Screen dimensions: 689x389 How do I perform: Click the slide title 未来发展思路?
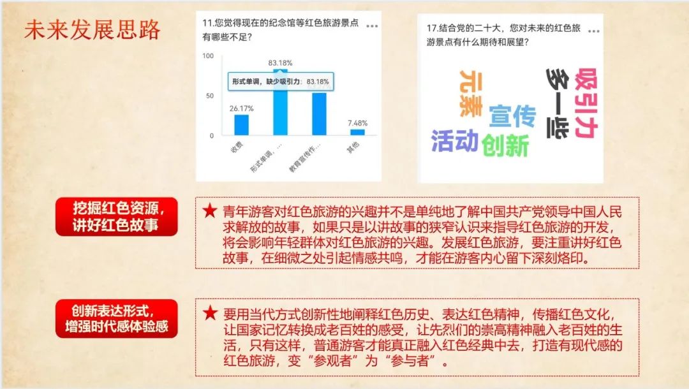pyautogui.click(x=93, y=31)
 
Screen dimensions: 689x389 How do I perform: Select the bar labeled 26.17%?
pyautogui.click(x=241, y=125)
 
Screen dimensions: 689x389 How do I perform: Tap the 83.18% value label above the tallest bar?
pyautogui.click(x=280, y=62)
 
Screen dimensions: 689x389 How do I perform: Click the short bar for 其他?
pyautogui.click(x=358, y=132)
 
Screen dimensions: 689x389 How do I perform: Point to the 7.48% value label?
pyautogui.click(x=358, y=123)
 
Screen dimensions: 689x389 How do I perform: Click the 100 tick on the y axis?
pyautogui.click(x=208, y=55)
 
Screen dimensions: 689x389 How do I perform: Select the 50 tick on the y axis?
pyautogui.click(x=210, y=96)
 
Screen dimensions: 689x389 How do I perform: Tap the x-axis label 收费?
pyautogui.click(x=237, y=147)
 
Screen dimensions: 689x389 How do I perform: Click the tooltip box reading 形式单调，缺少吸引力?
pyautogui.click(x=281, y=82)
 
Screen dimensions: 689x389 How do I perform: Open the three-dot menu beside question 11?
pyautogui.click(x=372, y=26)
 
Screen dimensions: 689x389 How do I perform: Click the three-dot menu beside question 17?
pyautogui.click(x=594, y=31)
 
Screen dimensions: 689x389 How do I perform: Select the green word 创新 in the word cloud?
pyautogui.click(x=505, y=145)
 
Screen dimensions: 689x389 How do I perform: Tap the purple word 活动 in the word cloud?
pyautogui.click(x=455, y=141)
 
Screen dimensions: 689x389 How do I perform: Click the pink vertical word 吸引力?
pyautogui.click(x=586, y=103)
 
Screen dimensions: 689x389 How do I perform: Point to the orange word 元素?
pyautogui.click(x=471, y=94)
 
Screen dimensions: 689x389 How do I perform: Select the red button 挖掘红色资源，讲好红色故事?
pyautogui.click(x=117, y=216)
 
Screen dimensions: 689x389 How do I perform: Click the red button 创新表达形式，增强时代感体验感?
pyautogui.click(x=117, y=319)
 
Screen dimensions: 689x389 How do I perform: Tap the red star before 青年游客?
pyautogui.click(x=210, y=211)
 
